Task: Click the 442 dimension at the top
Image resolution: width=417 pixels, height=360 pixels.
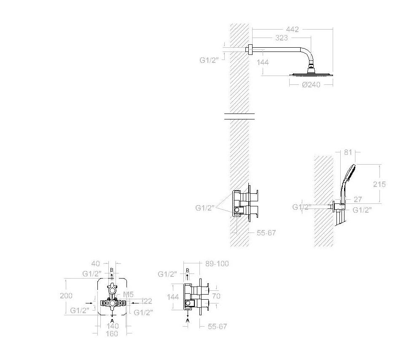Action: [x=292, y=30]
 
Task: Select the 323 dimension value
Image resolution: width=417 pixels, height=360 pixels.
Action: [x=281, y=38]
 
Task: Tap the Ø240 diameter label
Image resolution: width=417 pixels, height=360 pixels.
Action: [x=311, y=84]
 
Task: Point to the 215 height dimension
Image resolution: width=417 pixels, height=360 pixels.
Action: [x=379, y=184]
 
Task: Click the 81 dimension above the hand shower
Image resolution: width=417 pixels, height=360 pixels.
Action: [x=348, y=152]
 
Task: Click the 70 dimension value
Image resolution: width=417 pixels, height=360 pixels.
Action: [x=216, y=296]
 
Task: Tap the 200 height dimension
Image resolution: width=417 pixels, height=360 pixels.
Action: [x=66, y=296]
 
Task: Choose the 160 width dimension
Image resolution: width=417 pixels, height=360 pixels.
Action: [x=112, y=333]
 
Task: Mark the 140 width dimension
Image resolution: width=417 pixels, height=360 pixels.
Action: [x=112, y=326]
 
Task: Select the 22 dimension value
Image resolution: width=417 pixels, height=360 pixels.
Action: [x=148, y=301]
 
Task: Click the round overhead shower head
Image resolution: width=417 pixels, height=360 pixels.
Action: [x=311, y=74]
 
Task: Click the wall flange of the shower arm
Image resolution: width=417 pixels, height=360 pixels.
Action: [x=250, y=50]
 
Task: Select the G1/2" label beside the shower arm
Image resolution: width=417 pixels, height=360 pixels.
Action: [x=208, y=60]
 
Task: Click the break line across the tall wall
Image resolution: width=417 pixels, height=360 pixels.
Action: [x=239, y=116]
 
